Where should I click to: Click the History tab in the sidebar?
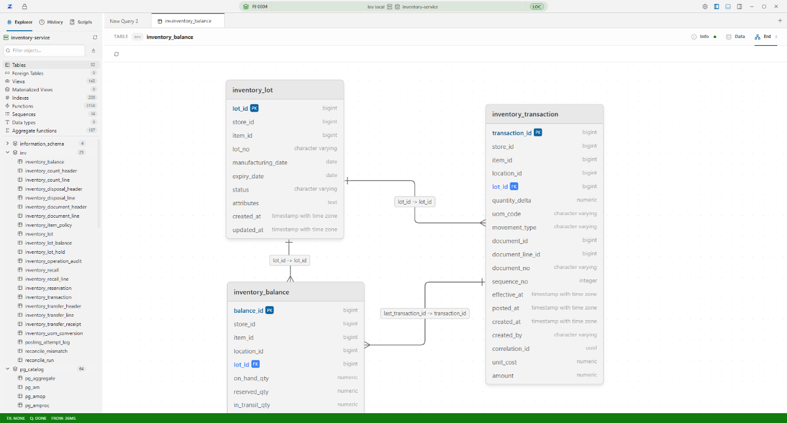(x=51, y=22)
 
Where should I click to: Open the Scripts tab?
(x=81, y=22)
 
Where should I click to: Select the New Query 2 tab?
(x=124, y=21)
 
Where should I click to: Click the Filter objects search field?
(x=45, y=50)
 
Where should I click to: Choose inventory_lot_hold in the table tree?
(x=45, y=252)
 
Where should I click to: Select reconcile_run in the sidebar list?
(x=39, y=360)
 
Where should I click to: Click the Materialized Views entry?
(x=32, y=90)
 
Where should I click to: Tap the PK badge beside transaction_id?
(x=538, y=132)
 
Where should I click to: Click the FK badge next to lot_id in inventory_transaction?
(x=514, y=186)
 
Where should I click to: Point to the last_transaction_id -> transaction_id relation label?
(x=425, y=313)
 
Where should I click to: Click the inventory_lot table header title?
(x=252, y=90)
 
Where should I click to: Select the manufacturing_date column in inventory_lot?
(x=260, y=163)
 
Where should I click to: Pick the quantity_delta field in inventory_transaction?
(x=512, y=200)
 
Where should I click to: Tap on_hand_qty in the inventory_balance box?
(x=251, y=378)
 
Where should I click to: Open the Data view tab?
(x=736, y=37)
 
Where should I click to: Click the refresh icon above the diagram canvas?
(x=116, y=54)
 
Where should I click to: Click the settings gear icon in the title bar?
(x=705, y=7)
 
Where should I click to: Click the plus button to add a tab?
(x=780, y=21)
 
